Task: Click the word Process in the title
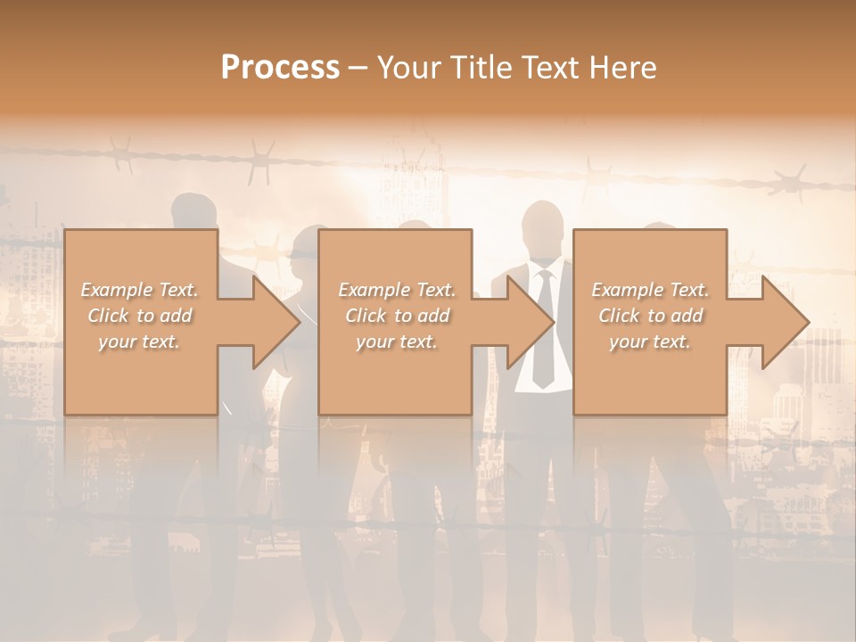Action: (280, 68)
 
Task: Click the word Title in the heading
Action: (477, 68)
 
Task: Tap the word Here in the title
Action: (623, 68)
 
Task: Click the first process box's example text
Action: (139, 316)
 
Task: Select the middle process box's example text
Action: (396, 316)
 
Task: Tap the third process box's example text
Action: (649, 316)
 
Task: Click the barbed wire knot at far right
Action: (790, 184)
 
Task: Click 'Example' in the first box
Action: (116, 290)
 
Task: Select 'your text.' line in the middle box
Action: (396, 342)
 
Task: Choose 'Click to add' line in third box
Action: (651, 316)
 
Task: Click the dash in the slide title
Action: (358, 68)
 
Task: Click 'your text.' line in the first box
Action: (139, 342)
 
